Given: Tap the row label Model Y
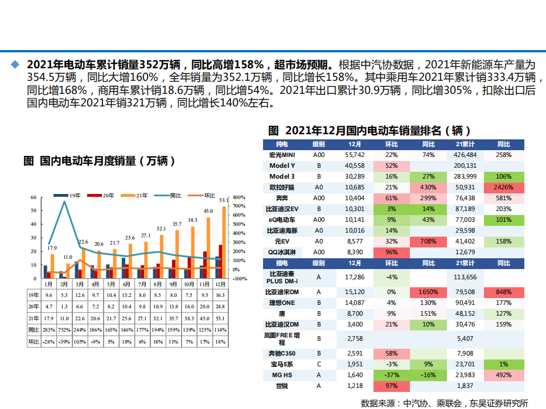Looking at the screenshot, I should click(282, 166).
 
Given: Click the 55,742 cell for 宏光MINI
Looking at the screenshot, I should click(354, 155).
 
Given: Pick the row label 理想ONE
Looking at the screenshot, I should click(282, 303).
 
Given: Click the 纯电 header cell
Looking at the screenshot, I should click(282, 144).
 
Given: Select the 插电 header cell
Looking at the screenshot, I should click(282, 263).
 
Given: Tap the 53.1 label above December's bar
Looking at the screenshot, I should click(223, 200).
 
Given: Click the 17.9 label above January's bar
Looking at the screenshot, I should click(52, 248).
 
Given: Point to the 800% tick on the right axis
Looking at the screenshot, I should click(239, 197).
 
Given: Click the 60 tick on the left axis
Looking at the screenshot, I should click(34, 197).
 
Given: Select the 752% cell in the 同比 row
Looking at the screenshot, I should click(64, 330).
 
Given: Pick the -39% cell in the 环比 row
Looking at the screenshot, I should click(64, 341).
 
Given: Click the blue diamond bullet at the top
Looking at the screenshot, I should click(15, 64).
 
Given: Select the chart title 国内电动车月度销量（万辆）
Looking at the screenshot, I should click(100, 162).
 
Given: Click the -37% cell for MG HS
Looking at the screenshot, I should click(391, 375).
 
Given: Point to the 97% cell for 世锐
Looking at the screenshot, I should click(391, 386).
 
